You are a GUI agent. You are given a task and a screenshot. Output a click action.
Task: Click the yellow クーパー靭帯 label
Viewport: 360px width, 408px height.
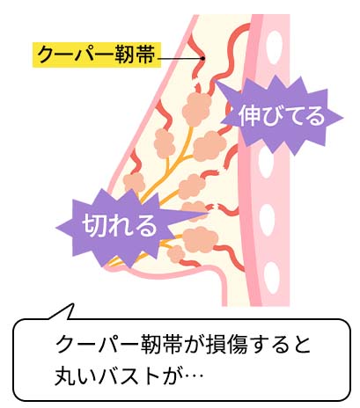click(x=97, y=55)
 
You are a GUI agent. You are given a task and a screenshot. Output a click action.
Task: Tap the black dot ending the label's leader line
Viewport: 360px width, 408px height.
click(x=202, y=58)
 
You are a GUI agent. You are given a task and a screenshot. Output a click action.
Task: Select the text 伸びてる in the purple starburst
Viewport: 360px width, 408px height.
click(x=282, y=115)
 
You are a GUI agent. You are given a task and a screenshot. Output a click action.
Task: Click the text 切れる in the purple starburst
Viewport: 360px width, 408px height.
click(x=119, y=225)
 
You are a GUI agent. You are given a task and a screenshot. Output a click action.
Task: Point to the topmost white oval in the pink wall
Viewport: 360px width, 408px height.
click(x=275, y=47)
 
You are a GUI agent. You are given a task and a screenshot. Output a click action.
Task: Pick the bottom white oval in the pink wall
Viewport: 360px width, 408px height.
click(x=272, y=277)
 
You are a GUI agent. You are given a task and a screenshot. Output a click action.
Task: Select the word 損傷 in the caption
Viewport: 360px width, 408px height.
click(x=223, y=345)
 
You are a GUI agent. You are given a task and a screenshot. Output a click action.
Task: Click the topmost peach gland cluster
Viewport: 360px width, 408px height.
click(x=197, y=109)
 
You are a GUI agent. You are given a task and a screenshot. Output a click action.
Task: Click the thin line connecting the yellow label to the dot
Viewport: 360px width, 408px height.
click(x=180, y=58)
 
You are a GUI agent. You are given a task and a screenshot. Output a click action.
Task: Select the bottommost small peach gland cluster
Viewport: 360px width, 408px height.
click(x=176, y=254)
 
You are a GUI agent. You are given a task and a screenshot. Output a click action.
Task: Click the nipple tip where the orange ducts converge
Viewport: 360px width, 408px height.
click(x=107, y=266)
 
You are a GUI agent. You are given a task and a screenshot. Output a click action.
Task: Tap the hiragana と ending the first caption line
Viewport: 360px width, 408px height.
click(x=301, y=345)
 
